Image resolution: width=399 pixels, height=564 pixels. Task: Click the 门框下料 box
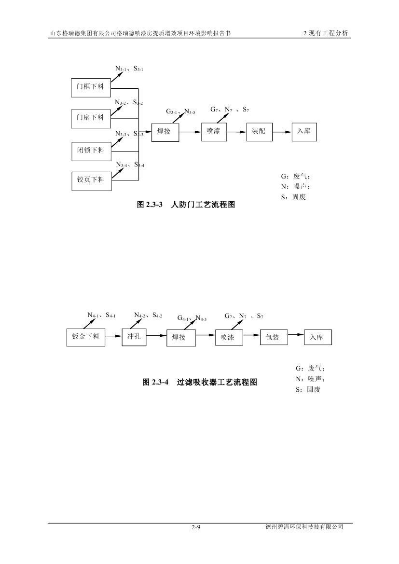(x=91, y=87)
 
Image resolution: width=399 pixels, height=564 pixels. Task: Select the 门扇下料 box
(x=91, y=117)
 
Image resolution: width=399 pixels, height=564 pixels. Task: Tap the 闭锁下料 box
(x=91, y=150)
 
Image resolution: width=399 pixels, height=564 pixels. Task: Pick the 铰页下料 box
(x=91, y=179)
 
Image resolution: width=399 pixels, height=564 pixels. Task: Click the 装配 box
(x=259, y=131)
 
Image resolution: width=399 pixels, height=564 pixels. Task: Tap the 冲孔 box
(x=134, y=337)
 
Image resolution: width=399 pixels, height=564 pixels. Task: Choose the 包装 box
(x=273, y=337)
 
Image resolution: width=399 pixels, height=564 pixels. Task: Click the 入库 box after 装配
(x=304, y=131)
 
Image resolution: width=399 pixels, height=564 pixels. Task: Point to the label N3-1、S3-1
(x=129, y=69)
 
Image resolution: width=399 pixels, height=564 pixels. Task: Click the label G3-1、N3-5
(x=180, y=111)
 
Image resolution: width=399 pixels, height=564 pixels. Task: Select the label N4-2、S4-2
(x=148, y=316)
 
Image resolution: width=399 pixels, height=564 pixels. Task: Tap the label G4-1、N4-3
(x=192, y=318)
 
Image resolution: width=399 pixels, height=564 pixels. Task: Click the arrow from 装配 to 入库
(x=282, y=131)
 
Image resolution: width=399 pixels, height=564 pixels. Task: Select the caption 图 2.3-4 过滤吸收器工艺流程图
(x=200, y=382)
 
